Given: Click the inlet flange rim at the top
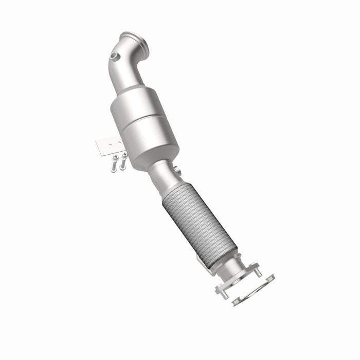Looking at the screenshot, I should (x=135, y=41).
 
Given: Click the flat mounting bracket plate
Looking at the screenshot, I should (x=109, y=146).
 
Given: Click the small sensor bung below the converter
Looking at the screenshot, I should (x=176, y=171).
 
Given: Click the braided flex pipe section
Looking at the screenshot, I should (x=198, y=226).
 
